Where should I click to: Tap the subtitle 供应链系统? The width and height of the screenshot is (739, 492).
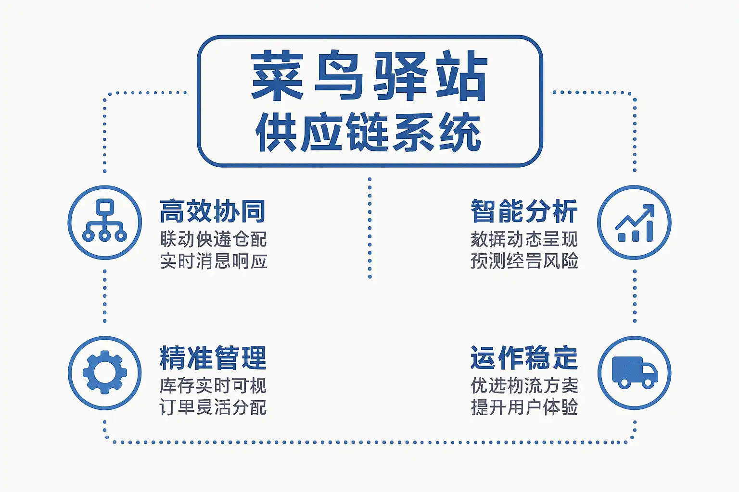[369, 132]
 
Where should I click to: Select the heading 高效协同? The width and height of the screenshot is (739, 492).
[213, 211]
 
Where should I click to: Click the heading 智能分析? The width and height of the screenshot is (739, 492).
[524, 211]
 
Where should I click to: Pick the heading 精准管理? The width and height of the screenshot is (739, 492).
[213, 358]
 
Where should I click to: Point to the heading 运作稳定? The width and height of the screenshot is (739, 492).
[524, 358]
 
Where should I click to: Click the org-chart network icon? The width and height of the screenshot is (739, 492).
[104, 222]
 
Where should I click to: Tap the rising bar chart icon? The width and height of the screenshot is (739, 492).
[634, 222]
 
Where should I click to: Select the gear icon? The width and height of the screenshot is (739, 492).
[104, 372]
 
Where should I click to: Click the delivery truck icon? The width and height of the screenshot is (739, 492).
[634, 372]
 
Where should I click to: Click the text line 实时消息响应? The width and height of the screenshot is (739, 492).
[213, 261]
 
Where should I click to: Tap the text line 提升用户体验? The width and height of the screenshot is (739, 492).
[524, 407]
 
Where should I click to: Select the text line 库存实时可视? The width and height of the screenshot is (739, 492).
[213, 385]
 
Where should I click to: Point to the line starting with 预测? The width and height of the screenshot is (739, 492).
[524, 261]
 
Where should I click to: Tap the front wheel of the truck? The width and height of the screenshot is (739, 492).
[648, 383]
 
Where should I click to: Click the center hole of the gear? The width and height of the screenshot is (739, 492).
[104, 372]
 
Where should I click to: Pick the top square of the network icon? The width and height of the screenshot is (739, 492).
[104, 207]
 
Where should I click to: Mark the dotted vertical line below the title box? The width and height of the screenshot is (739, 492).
[369, 228]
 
